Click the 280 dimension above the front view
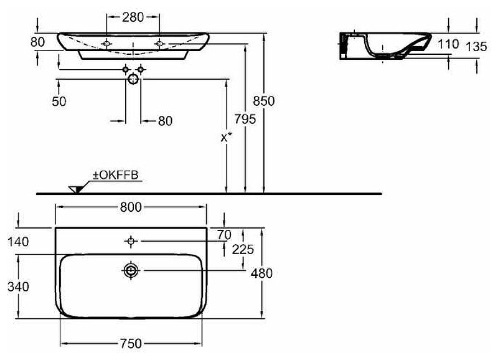(x=133, y=18)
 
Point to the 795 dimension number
(x=245, y=119)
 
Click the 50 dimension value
(x=59, y=102)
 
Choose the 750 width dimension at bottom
(x=130, y=344)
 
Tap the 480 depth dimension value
(x=262, y=273)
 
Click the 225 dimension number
(x=243, y=250)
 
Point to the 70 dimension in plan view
(x=225, y=235)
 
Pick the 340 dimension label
(x=19, y=288)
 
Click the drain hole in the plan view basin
(x=131, y=270)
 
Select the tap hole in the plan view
(x=131, y=240)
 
